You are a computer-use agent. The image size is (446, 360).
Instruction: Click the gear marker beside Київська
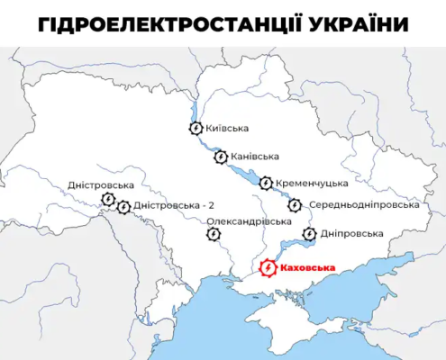tap(196, 129)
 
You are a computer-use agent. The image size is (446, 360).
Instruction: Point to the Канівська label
tap(255, 157)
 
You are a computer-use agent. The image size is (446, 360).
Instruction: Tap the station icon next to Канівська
tap(221, 157)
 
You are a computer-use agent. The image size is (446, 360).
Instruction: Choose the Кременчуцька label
tap(308, 183)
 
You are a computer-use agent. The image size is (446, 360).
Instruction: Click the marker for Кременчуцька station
tap(266, 183)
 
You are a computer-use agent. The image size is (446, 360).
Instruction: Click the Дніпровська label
tap(351, 234)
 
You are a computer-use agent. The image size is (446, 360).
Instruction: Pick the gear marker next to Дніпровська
tap(309, 234)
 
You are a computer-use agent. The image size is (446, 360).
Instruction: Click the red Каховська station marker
tap(268, 267)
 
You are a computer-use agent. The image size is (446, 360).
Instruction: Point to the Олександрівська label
tap(249, 220)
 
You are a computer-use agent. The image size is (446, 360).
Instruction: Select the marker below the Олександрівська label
tap(213, 235)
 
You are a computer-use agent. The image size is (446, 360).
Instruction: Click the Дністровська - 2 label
tap(174, 206)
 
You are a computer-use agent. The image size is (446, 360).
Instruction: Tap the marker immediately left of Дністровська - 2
tap(123, 207)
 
